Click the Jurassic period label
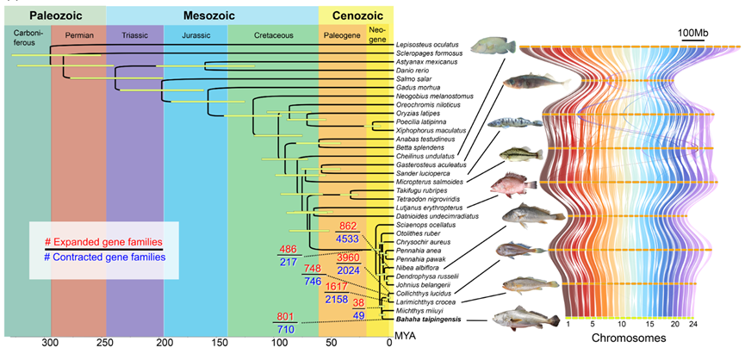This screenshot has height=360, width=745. (196, 35)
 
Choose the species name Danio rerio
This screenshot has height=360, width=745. (416, 70)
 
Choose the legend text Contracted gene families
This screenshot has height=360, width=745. (107, 256)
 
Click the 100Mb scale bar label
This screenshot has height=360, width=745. (695, 33)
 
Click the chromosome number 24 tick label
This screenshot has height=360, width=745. (717, 324)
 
